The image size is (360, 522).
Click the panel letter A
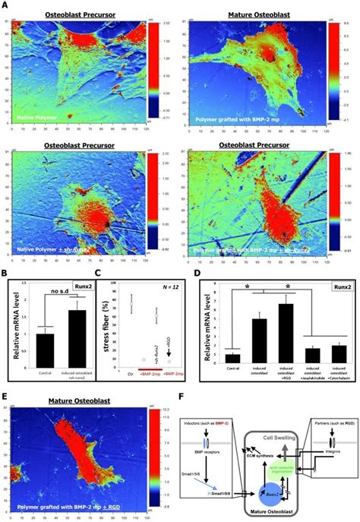[x=5, y=6]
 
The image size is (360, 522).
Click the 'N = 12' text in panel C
[x=163, y=284]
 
